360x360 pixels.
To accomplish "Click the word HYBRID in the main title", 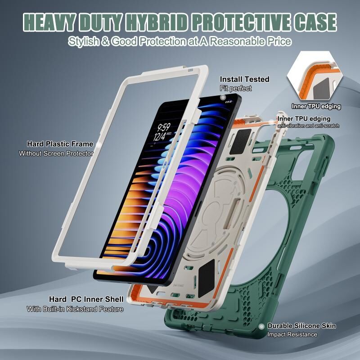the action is (x=157, y=22).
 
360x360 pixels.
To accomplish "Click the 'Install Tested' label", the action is (x=244, y=79).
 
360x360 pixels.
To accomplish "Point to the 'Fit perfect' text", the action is (x=236, y=88).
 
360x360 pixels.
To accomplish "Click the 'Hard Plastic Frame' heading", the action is (x=60, y=144).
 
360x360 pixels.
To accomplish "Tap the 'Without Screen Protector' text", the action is (x=56, y=153).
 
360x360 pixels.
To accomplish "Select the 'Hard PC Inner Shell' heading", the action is (x=86, y=299).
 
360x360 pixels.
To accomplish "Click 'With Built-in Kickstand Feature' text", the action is (x=75, y=309).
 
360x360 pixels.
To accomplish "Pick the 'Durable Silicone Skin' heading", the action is (x=301, y=326).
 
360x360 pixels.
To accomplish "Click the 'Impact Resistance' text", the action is (x=292, y=334).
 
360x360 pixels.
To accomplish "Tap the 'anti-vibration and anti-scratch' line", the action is (x=308, y=126).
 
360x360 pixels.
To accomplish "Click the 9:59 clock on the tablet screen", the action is (x=164, y=127).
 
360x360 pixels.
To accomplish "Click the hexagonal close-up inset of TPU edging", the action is (x=315, y=76).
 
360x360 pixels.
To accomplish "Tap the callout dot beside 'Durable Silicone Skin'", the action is (x=261, y=326).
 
